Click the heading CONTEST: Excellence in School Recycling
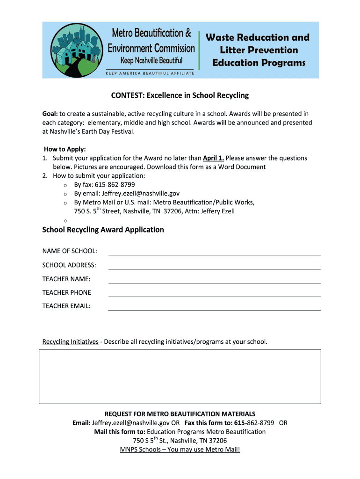click(180, 95)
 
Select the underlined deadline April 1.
click(213, 158)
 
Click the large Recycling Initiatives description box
click(180, 377)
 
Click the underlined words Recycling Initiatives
click(70, 342)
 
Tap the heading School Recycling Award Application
click(103, 230)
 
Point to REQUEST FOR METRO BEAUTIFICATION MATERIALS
click(180, 414)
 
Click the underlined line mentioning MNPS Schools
click(180, 450)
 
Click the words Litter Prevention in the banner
click(259, 50)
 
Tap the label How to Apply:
click(65, 149)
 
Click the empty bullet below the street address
click(65, 220)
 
